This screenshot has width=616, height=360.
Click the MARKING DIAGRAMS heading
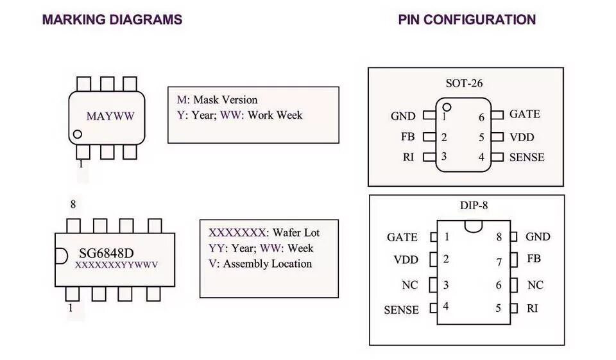[x=112, y=19]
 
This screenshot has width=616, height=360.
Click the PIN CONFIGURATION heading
[x=466, y=19]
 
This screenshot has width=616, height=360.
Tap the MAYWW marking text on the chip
[x=111, y=116]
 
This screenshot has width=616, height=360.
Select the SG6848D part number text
[x=107, y=252]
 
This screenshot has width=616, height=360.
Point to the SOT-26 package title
[x=465, y=83]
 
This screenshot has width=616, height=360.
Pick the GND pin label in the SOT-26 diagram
[x=403, y=116]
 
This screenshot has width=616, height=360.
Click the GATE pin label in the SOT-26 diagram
[x=524, y=114]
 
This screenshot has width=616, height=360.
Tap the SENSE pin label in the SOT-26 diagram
[x=526, y=157]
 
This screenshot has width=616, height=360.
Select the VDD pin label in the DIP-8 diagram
[x=406, y=260]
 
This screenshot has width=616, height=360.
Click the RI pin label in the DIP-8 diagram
[x=532, y=308]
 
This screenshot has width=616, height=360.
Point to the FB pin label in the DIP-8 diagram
[x=533, y=259]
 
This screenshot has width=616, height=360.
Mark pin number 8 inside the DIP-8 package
[x=499, y=236]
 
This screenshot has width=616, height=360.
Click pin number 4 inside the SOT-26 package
[x=481, y=157]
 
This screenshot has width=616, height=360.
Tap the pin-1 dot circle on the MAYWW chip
[x=78, y=135]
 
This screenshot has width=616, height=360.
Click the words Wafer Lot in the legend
[x=296, y=232]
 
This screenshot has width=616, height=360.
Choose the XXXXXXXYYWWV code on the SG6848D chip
[x=117, y=264]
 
